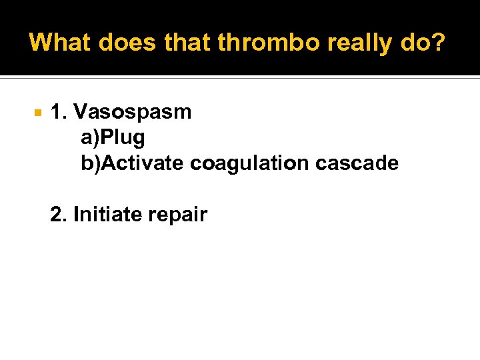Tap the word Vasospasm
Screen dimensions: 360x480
click(132, 112)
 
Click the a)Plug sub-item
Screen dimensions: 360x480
click(113, 138)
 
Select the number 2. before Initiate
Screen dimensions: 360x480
click(59, 215)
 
